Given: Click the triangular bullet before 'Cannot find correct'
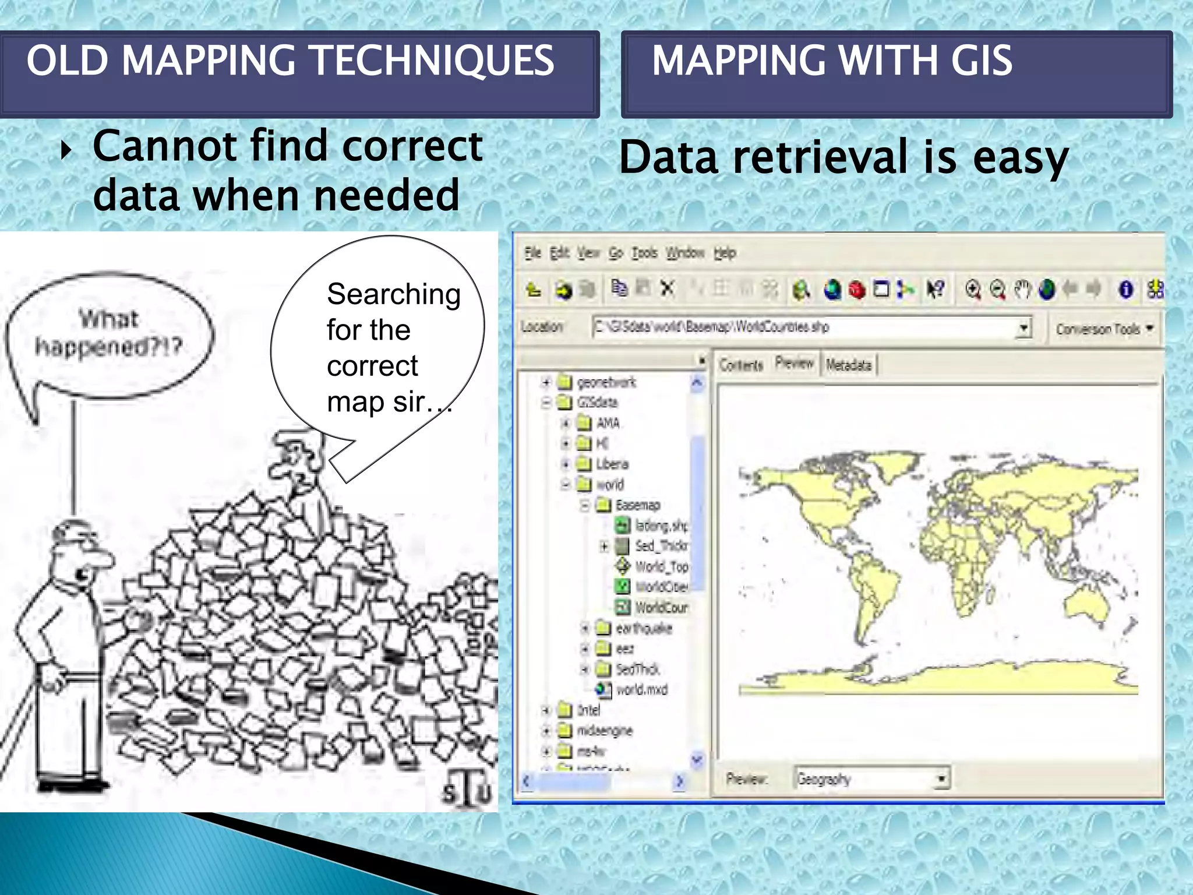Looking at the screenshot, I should (66, 151).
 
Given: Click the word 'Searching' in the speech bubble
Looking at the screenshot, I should (394, 294).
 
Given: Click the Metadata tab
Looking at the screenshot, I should (848, 365).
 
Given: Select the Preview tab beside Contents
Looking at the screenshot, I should (794, 363).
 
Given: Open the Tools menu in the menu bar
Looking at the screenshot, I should (644, 253).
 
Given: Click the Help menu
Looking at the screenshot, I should (725, 253).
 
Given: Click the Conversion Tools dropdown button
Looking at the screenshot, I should (1104, 329).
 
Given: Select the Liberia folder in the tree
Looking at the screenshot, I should (612, 464).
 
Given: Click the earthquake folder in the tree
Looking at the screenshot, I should (643, 628).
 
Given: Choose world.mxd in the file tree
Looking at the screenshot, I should (641, 690).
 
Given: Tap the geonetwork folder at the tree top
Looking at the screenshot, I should (606, 382).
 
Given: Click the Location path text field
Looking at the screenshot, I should (804, 327).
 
